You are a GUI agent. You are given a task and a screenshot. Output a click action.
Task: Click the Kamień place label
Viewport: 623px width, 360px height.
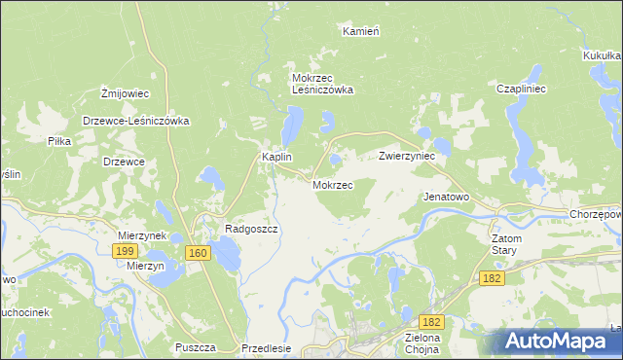[360, 31]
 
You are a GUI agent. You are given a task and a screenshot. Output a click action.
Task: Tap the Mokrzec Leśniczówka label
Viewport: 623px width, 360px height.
[322, 83]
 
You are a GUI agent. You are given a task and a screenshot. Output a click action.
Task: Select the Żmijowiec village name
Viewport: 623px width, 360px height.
[125, 93]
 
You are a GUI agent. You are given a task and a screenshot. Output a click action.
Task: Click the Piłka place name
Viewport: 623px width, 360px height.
[59, 141]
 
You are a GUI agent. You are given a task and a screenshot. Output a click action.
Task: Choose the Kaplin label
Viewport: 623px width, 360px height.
[277, 157]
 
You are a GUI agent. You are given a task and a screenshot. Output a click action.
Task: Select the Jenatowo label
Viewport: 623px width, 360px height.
[446, 197]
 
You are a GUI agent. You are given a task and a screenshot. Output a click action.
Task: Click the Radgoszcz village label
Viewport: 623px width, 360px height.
[252, 229]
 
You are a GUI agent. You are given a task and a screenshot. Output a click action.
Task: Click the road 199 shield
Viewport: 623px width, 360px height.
[124, 251]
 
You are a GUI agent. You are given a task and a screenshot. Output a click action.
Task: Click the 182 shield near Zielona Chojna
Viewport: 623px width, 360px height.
[432, 321]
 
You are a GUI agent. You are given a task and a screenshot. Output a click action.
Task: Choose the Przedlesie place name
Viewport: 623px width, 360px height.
[266, 347]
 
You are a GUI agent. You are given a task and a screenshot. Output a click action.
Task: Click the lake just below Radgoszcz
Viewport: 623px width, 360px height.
[228, 256]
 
